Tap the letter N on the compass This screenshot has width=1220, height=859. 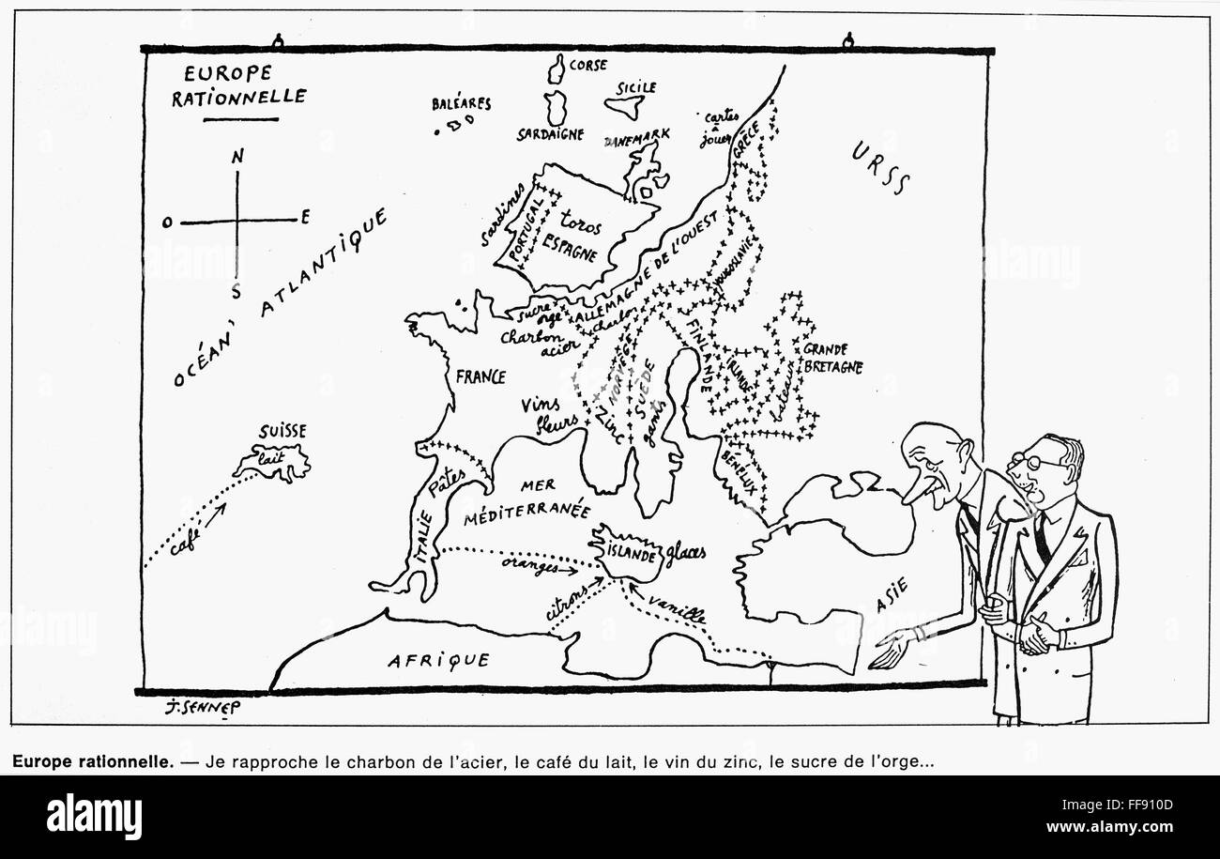pyautogui.click(x=237, y=159)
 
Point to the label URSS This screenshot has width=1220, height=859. pyautogui.click(x=881, y=166)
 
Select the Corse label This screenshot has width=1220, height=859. pyautogui.click(x=588, y=65)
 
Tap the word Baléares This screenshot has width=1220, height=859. pyautogui.click(x=461, y=104)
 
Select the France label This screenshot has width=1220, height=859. pyautogui.click(x=480, y=376)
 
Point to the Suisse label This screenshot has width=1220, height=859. pyautogui.click(x=281, y=433)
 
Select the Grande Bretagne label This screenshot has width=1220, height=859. pyautogui.click(x=831, y=358)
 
